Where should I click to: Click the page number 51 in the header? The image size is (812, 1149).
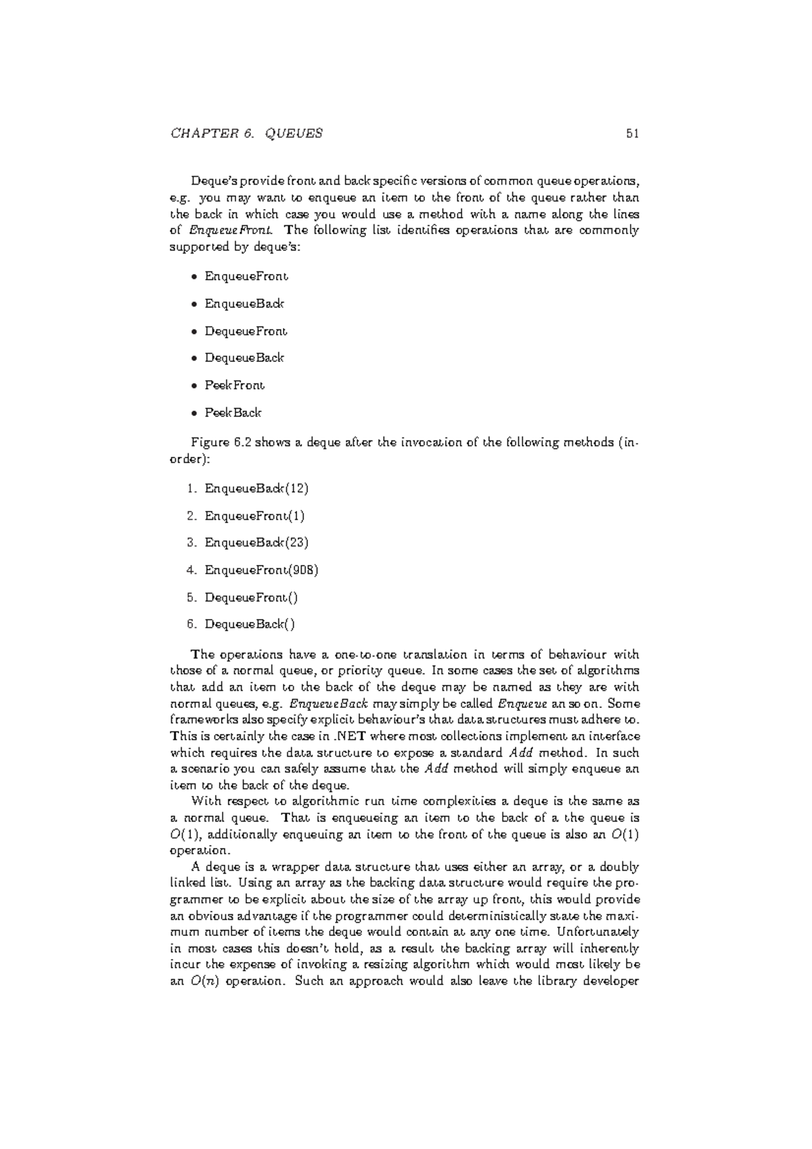tap(632, 133)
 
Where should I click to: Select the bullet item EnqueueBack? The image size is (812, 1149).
tap(244, 304)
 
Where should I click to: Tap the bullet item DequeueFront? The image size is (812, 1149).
tap(246, 331)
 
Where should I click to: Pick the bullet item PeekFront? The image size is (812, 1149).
tap(234, 385)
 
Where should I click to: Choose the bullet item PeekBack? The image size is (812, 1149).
tap(233, 413)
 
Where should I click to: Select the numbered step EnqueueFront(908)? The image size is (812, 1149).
tap(261, 570)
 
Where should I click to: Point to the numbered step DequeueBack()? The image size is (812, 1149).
tap(250, 624)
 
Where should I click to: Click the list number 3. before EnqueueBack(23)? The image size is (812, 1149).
tap(191, 543)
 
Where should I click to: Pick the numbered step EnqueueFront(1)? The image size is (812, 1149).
tap(254, 516)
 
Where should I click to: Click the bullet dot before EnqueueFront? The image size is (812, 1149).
tap(194, 277)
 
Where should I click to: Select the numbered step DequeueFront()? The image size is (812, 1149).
tap(251, 597)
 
